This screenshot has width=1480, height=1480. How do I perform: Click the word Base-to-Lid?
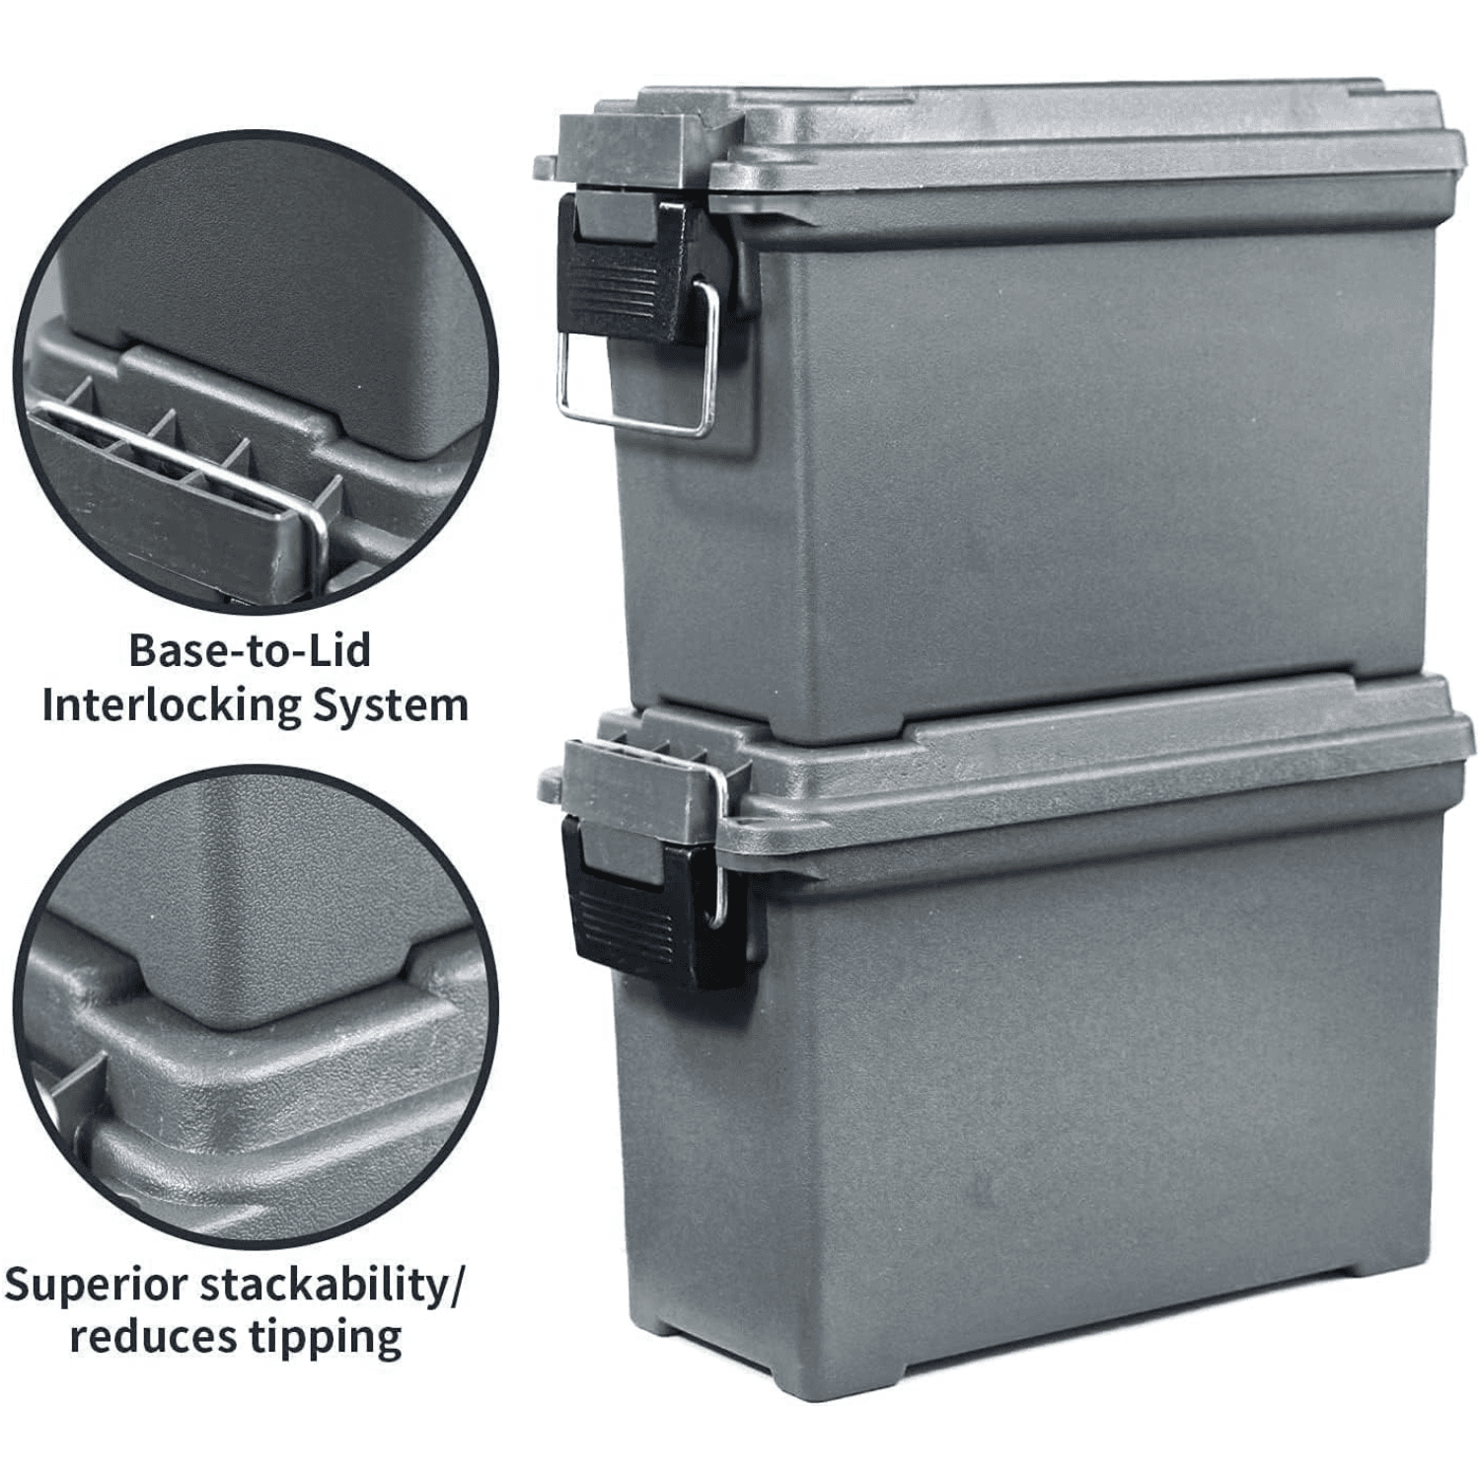coord(250,651)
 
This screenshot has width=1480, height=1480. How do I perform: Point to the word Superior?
coord(96,1286)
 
